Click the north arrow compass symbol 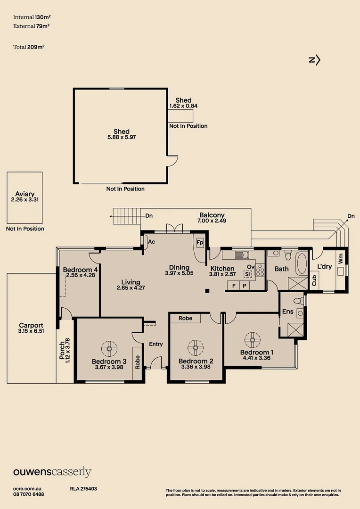314,60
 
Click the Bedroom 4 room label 80,270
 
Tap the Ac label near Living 152,242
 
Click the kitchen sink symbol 242,255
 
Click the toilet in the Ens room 297,300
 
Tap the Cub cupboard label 314,281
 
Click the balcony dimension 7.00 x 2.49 212,220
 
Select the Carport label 31,325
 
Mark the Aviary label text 25,194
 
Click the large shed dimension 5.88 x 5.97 121,137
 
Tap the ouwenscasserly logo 52,472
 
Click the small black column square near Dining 206,291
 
